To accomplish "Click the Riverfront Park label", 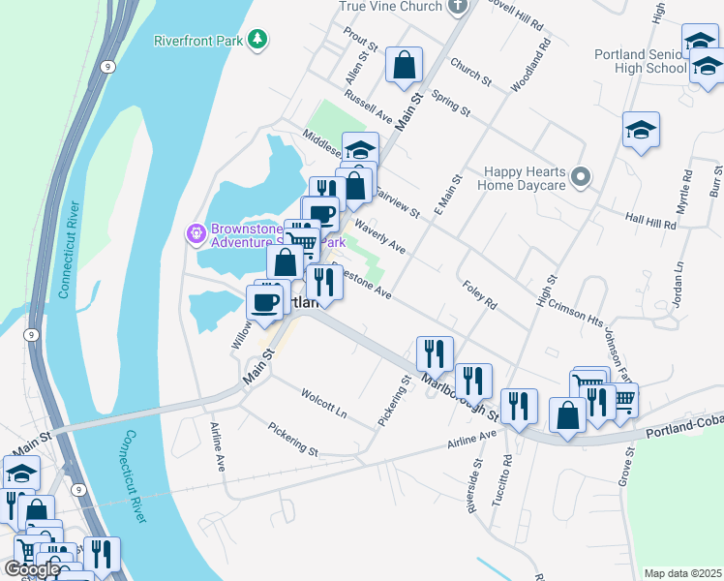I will coord(197,41).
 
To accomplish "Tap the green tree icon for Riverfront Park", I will coord(257,39).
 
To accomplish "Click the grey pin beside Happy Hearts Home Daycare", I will coord(581,176).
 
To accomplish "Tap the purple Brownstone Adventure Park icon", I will coord(195,233).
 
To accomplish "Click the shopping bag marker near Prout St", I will coord(405,66).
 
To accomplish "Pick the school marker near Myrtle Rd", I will coord(641,131).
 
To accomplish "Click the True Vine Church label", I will coord(391,6).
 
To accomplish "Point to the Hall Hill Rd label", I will coord(649,223).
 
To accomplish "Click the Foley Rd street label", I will coord(479,295).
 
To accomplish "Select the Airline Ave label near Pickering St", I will coord(471,441).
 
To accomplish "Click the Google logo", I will coord(32,568).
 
